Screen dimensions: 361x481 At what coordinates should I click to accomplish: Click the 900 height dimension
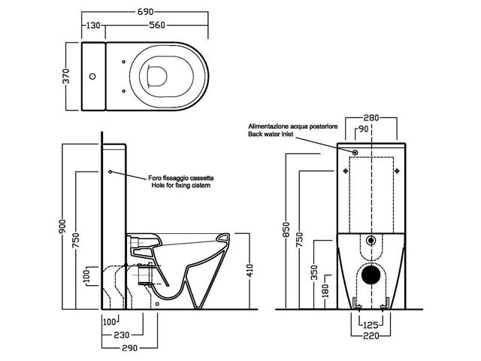65,226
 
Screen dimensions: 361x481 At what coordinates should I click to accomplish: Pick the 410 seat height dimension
250,269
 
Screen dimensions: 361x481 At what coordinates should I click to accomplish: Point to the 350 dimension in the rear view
315,270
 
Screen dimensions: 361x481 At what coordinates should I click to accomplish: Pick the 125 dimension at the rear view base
368,324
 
